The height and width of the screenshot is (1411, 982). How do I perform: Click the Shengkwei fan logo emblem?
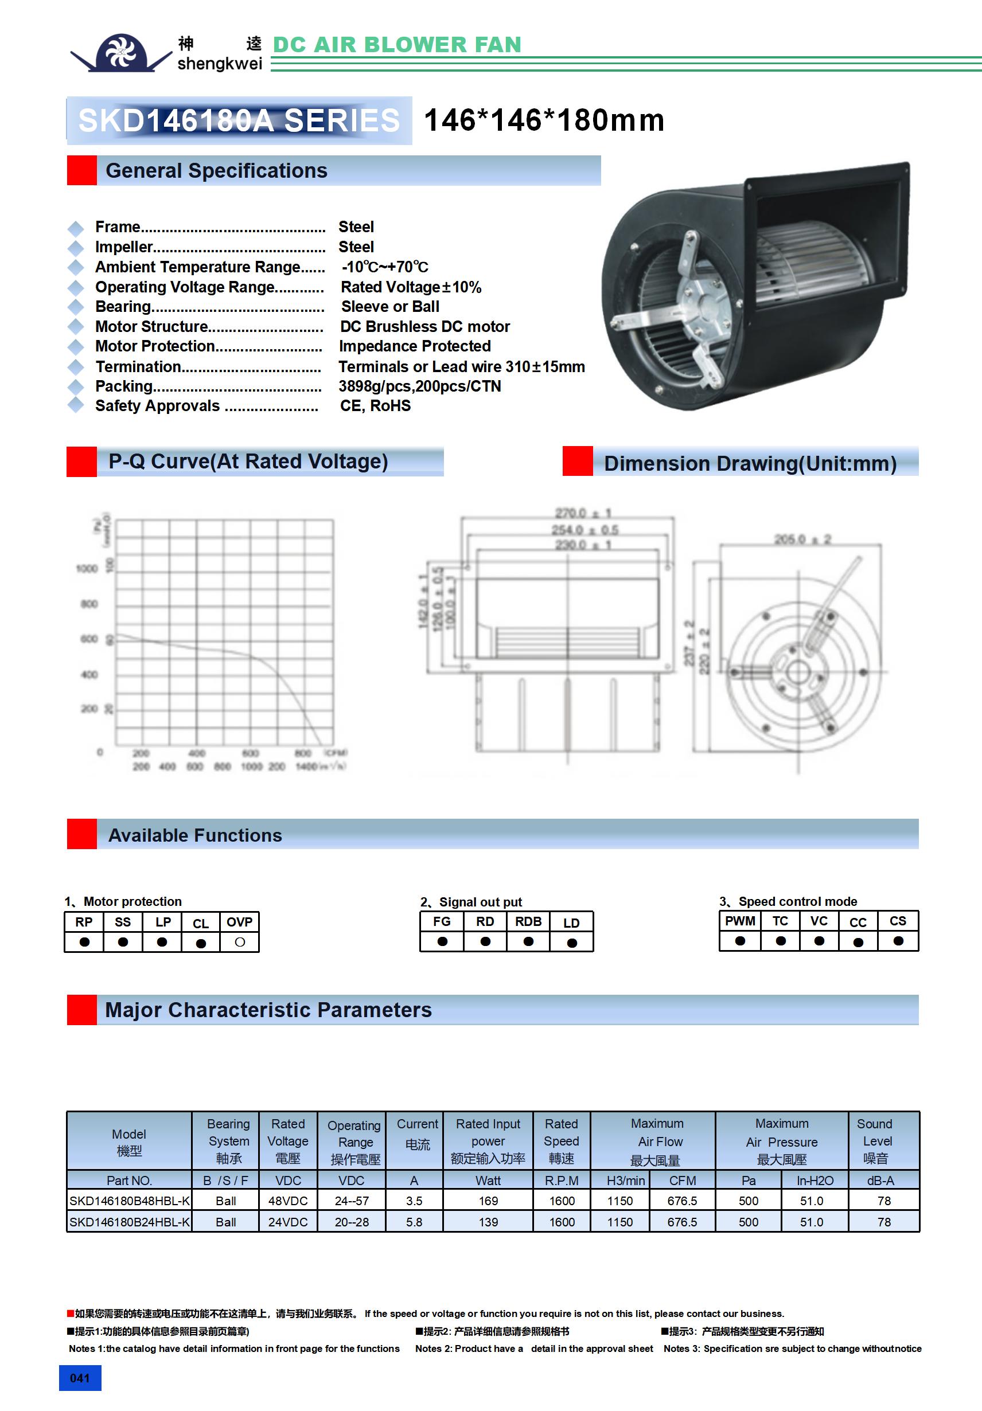coord(121,52)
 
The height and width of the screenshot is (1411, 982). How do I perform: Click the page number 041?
coord(80,1378)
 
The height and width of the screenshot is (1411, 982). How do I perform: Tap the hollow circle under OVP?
coord(240,942)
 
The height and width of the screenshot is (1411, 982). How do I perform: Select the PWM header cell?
coord(740,921)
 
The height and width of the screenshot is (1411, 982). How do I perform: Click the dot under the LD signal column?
coord(572,943)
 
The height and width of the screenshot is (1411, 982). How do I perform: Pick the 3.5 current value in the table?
coord(414,1200)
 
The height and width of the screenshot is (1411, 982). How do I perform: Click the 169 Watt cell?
coord(488,1200)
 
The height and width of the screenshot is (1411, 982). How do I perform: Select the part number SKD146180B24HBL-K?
coord(129,1222)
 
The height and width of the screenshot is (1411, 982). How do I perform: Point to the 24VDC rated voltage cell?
coord(288,1222)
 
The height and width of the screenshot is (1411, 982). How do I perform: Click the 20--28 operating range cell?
coord(352,1222)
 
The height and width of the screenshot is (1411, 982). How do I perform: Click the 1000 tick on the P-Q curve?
coord(87,568)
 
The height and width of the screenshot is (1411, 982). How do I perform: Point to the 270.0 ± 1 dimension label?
coord(582,513)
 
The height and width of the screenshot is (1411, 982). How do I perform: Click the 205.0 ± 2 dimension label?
coord(802,540)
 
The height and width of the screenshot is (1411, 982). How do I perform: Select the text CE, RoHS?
coord(375,405)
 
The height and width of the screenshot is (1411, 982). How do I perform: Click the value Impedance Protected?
coord(415,346)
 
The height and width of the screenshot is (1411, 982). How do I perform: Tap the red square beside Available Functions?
coord(82,834)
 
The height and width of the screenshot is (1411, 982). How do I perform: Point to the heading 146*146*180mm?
coord(544,120)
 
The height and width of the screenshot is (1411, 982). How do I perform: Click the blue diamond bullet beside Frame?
coord(76,229)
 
